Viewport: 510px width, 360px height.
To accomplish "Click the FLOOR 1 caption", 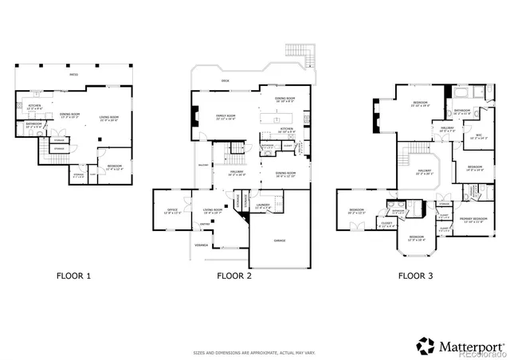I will (73, 276).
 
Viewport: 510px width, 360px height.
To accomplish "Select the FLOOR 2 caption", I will (234, 276).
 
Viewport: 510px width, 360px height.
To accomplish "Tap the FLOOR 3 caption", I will (417, 276).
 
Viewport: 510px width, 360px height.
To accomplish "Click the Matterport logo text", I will (468, 345).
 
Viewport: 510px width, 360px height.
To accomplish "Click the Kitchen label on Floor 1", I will (35, 107).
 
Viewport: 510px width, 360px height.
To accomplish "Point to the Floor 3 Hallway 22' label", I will (424, 171).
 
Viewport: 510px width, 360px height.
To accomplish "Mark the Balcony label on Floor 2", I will (201, 164).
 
